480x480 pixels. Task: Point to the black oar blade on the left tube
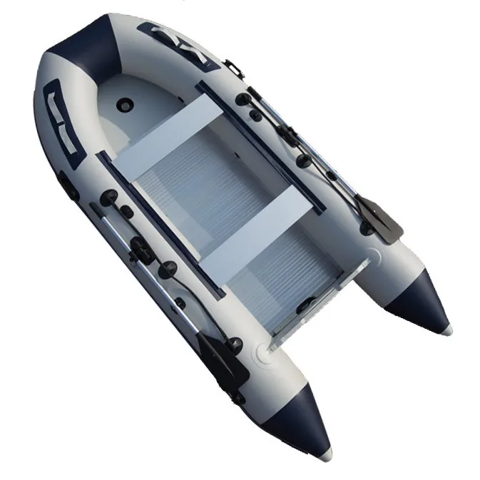point(222,356)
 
